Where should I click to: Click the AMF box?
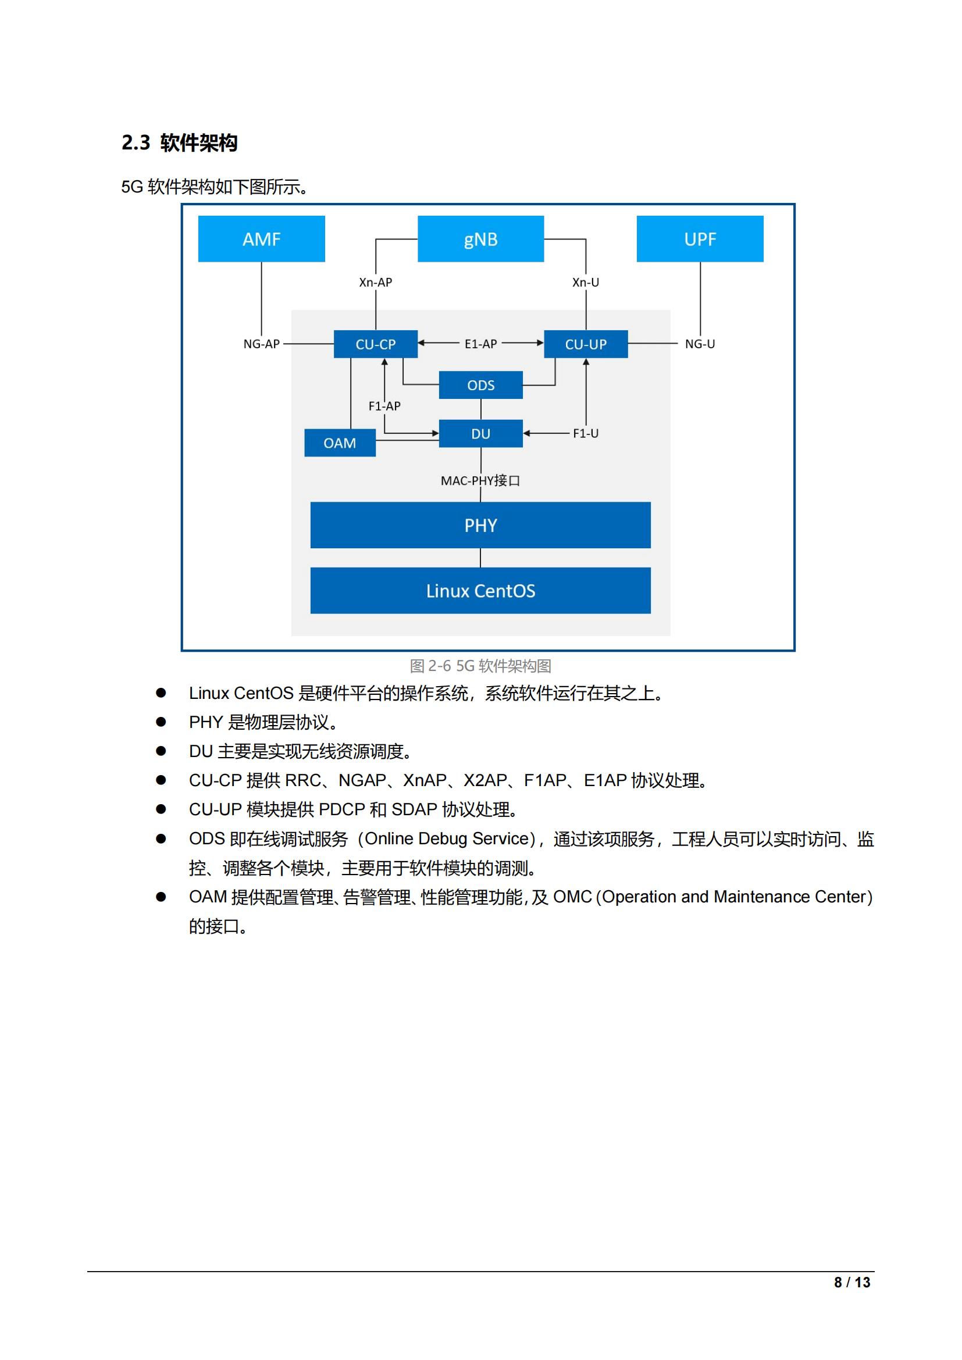pos(261,239)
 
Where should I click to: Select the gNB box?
pos(480,239)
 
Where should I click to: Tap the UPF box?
pos(700,239)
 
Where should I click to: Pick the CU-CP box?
pos(376,344)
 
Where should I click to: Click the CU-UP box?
pos(585,344)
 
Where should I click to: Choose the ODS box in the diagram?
pos(480,385)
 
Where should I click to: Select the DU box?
pos(480,434)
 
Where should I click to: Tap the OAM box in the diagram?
pos(340,443)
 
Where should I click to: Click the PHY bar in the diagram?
pos(480,526)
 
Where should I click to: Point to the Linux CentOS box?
pos(480,591)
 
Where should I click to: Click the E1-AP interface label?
pos(480,344)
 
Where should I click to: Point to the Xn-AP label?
pos(376,283)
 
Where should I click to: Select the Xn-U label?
pos(585,283)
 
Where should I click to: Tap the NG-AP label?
pos(261,344)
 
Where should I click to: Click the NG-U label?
pos(700,344)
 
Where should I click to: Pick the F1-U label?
pos(585,434)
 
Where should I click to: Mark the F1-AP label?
pos(384,406)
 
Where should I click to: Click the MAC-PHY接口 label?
pos(480,480)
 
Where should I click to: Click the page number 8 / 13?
pos(852,1283)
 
